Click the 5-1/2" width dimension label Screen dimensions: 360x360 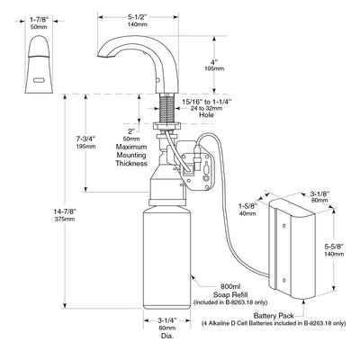(x=137, y=17)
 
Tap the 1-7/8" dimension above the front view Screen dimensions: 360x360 (x=39, y=20)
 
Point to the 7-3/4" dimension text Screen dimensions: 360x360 (x=85, y=139)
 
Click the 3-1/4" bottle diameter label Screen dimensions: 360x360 (x=166, y=320)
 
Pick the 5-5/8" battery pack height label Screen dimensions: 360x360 (x=334, y=247)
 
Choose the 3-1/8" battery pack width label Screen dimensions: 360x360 (x=319, y=193)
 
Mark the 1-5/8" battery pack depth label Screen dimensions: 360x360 (x=248, y=206)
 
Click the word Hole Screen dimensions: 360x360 (x=207, y=115)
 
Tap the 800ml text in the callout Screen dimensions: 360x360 (x=230, y=287)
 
